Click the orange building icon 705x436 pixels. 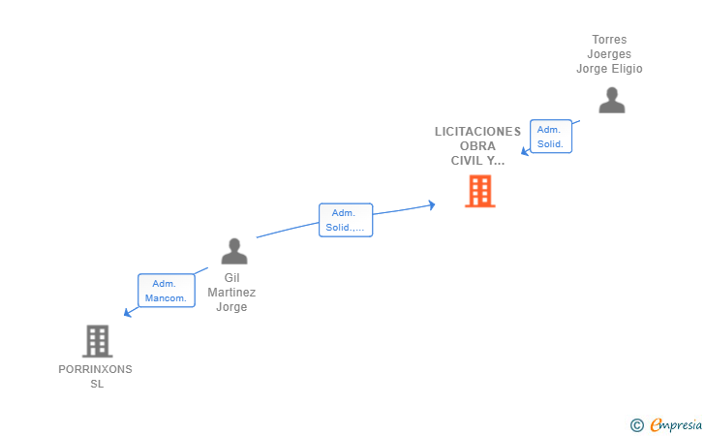479,191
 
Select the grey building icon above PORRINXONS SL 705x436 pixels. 97,341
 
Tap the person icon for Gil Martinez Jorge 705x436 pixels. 234,251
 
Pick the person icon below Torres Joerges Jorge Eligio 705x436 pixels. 611,101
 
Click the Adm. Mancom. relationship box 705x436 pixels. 167,291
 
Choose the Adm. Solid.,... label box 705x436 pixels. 346,220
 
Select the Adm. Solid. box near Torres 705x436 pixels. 551,137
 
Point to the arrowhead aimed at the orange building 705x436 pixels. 432,205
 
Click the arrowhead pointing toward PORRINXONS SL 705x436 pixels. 127,312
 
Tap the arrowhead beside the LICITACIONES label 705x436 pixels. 525,151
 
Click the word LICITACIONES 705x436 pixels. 477,132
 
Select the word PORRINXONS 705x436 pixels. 95,369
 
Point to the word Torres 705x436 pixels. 609,40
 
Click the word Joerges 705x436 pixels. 609,54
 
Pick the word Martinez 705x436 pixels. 231,293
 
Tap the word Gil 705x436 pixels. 232,278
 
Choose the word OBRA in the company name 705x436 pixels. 477,146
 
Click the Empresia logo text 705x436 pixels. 676,424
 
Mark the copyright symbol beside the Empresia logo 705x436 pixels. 636,425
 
